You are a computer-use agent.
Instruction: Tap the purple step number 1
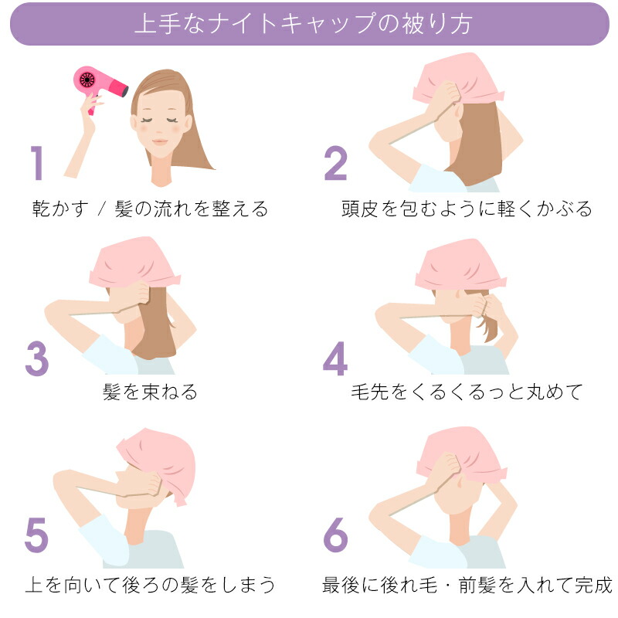click(36, 163)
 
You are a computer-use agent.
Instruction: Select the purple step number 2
click(335, 163)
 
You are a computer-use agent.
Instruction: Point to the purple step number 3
click(37, 358)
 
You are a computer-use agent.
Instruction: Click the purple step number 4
click(335, 358)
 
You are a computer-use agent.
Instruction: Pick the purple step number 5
click(36, 535)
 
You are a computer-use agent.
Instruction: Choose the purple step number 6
click(335, 535)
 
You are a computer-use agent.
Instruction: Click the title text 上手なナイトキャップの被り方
click(303, 24)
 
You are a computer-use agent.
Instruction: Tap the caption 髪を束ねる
click(150, 392)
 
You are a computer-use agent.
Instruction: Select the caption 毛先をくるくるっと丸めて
click(467, 392)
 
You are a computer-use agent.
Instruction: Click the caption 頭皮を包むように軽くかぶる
click(467, 209)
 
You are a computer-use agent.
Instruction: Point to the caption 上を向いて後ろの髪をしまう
click(150, 585)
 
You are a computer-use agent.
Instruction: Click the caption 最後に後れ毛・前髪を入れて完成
click(467, 585)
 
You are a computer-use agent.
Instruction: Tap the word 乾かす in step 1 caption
click(60, 209)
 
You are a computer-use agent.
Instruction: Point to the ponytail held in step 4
click(489, 319)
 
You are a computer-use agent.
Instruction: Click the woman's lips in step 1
click(160, 141)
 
